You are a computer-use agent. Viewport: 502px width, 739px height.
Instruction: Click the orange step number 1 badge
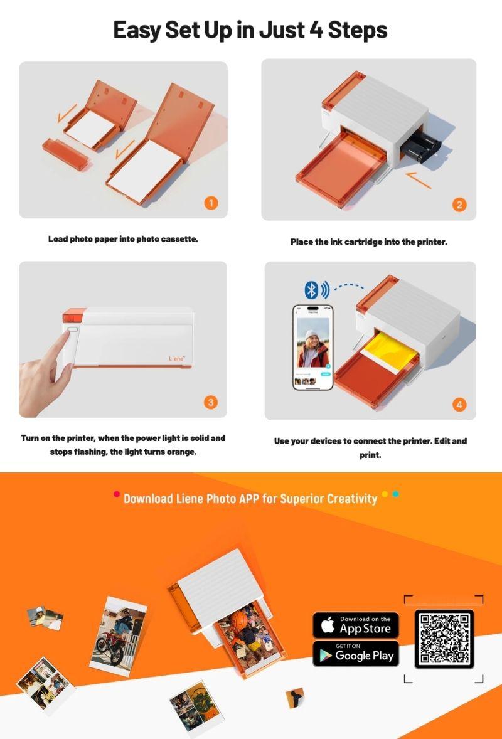tap(211, 203)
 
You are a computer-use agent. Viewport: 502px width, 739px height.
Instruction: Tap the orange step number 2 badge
tap(459, 205)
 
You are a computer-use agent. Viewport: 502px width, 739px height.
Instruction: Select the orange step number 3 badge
tap(211, 402)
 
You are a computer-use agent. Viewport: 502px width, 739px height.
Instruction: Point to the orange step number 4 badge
tap(459, 405)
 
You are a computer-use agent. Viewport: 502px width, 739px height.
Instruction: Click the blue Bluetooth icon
tap(311, 289)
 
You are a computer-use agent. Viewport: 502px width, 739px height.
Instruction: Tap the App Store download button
tap(356, 625)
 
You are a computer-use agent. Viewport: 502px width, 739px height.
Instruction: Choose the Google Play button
tap(356, 654)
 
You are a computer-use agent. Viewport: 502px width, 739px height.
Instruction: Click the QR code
tap(444, 639)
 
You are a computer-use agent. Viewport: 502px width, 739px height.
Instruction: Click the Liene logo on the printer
tap(177, 359)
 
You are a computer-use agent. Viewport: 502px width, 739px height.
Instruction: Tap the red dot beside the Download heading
tap(117, 494)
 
